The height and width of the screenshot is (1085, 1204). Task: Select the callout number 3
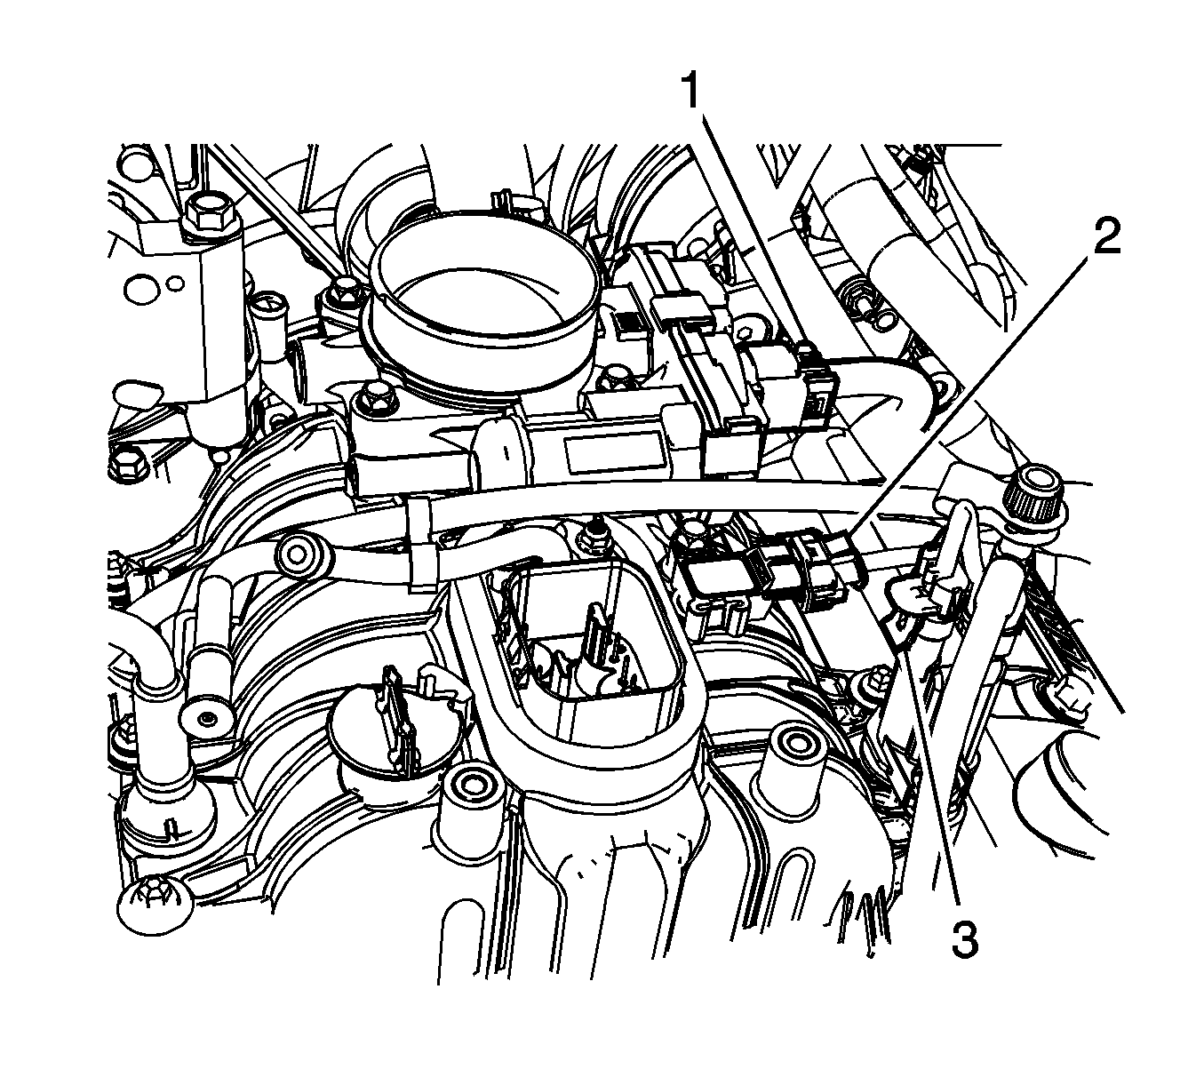click(964, 937)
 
